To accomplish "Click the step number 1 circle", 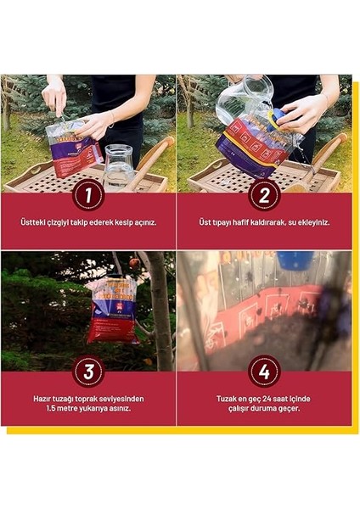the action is pos(88,196).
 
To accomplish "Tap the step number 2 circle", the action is pos(264,196).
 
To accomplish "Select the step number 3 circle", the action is pos(88,372).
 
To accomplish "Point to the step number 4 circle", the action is pos(264,372).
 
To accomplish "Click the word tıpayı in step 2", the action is pos(222,223).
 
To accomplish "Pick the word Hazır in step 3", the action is pos(42,399).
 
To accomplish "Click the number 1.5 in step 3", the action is pos(51,408).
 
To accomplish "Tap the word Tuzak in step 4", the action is pos(227,399).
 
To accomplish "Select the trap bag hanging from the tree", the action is pos(113,310).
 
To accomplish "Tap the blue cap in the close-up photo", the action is pos(295,260).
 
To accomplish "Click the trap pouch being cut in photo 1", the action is pos(74,148).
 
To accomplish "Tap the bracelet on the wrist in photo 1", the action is pos(112,118).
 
